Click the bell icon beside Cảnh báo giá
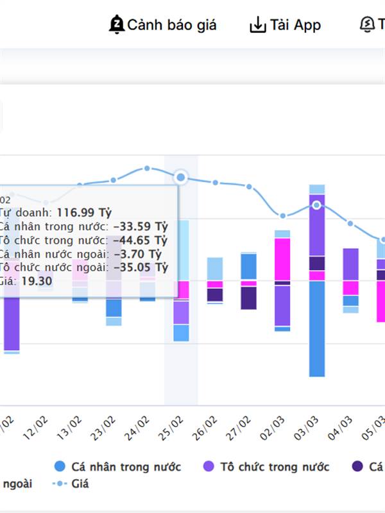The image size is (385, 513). click(x=117, y=25)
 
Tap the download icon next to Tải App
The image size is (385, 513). click(x=257, y=25)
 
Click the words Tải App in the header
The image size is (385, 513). click(x=295, y=25)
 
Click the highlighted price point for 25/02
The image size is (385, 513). click(x=181, y=177)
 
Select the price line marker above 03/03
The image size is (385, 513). click(x=316, y=205)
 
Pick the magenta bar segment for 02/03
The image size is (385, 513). click(x=282, y=259)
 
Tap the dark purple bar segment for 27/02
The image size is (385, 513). click(x=248, y=298)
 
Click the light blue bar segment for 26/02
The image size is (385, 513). click(x=215, y=269)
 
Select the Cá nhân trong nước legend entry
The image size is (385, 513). click(x=119, y=466)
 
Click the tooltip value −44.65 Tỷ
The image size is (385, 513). click(x=140, y=240)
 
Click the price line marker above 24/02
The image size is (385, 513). click(x=147, y=168)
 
